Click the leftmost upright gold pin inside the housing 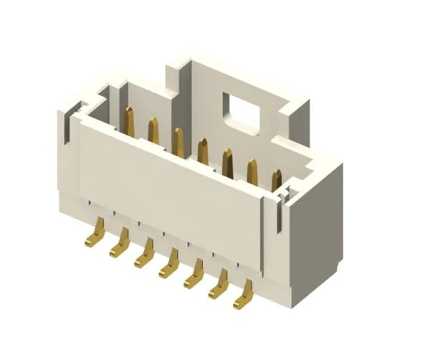(130, 120)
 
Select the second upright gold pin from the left (153, 131)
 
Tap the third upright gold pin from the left (178, 141)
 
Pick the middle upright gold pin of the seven (203, 151)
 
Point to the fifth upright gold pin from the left (227, 162)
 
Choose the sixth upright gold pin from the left (252, 172)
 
